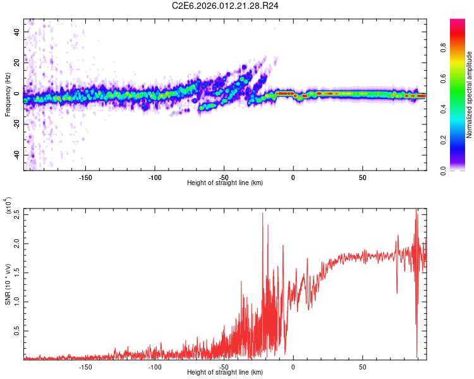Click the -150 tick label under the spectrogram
86,177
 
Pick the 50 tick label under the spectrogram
362,177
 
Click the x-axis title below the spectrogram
225,183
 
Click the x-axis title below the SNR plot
225,373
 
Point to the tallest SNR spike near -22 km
262,214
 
